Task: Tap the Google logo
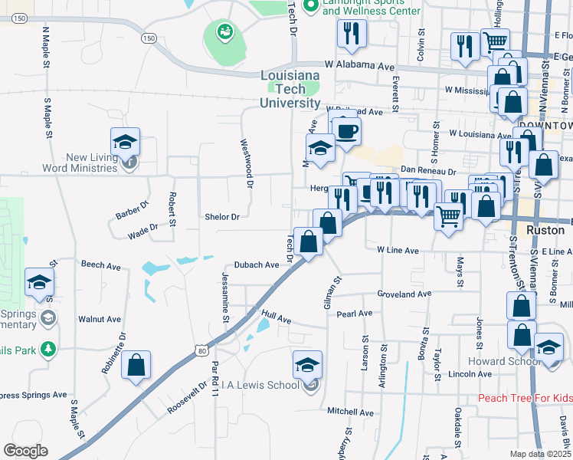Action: pos(26,451)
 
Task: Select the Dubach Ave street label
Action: pos(257,264)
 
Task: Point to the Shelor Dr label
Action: pos(222,217)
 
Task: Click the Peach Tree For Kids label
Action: pos(525,398)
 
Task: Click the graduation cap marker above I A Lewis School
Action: pos(307,364)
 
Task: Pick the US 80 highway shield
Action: pos(201,350)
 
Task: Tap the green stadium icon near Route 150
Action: pos(225,31)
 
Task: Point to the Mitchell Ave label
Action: pos(349,412)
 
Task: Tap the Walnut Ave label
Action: pos(100,319)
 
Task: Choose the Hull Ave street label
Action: pos(277,316)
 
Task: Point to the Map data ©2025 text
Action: pos(540,454)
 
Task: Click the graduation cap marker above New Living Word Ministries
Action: pos(125,142)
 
